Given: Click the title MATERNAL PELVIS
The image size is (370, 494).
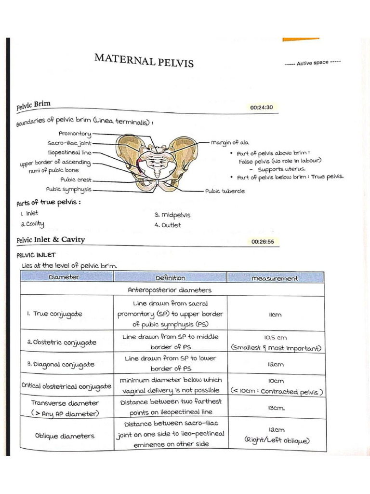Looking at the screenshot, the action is (x=144, y=61).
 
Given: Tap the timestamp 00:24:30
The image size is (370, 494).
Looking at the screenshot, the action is (x=261, y=107).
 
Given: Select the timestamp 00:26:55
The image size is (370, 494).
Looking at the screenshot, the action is (x=262, y=241).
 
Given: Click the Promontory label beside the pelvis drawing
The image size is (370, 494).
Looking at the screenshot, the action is (x=75, y=133).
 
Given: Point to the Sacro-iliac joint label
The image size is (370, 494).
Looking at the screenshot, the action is (x=69, y=143).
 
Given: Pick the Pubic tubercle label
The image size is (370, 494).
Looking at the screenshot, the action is (x=225, y=191).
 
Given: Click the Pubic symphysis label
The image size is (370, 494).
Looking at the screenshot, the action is (x=68, y=190).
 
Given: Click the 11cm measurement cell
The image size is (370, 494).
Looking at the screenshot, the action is (x=275, y=315).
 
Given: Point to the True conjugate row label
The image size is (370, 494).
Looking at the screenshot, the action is (x=54, y=314).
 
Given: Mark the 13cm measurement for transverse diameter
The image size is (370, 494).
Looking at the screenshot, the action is (x=276, y=408).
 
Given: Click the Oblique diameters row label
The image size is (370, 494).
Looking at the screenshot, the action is (x=65, y=436).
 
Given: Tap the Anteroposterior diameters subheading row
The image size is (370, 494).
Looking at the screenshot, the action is (x=169, y=290).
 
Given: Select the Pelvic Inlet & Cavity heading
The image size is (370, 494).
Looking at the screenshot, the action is (x=50, y=239).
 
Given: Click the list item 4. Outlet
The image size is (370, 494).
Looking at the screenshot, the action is (x=168, y=225).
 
